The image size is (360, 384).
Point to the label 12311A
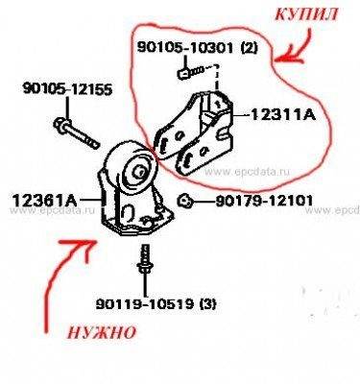click(284, 113)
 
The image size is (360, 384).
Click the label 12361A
click(44, 201)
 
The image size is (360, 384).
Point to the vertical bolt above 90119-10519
click(144, 263)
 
